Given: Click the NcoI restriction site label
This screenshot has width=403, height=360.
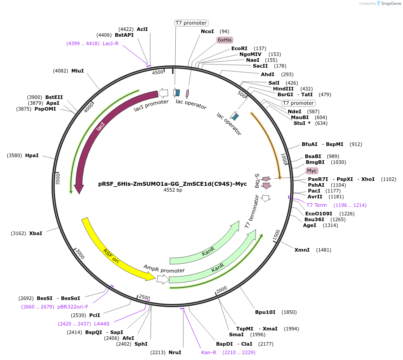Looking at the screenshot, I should click(x=208, y=31).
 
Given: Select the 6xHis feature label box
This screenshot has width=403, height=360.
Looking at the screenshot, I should click(x=225, y=40).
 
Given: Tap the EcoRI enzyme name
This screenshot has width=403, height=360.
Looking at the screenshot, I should click(x=239, y=48).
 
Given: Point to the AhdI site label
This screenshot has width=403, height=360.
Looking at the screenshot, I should click(x=268, y=74).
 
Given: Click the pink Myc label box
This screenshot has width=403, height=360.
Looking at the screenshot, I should click(x=312, y=171).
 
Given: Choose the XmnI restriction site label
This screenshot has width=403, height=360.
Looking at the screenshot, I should click(x=302, y=249).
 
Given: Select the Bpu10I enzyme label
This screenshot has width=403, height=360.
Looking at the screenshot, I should click(x=265, y=312).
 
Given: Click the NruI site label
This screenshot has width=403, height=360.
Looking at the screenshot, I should click(x=175, y=352).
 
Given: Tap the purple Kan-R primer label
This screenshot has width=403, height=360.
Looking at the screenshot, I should click(x=209, y=352).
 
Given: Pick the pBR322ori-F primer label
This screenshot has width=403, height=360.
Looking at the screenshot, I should click(x=73, y=307).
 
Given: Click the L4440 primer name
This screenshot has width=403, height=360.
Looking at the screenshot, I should click(x=102, y=324).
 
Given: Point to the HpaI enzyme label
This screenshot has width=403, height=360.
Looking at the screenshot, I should click(x=32, y=155).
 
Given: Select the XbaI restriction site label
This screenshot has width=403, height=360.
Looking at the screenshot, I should click(x=35, y=233).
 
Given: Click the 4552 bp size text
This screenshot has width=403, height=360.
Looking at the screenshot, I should click(x=173, y=190).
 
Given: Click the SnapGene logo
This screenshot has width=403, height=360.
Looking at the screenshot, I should click(x=389, y=4).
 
